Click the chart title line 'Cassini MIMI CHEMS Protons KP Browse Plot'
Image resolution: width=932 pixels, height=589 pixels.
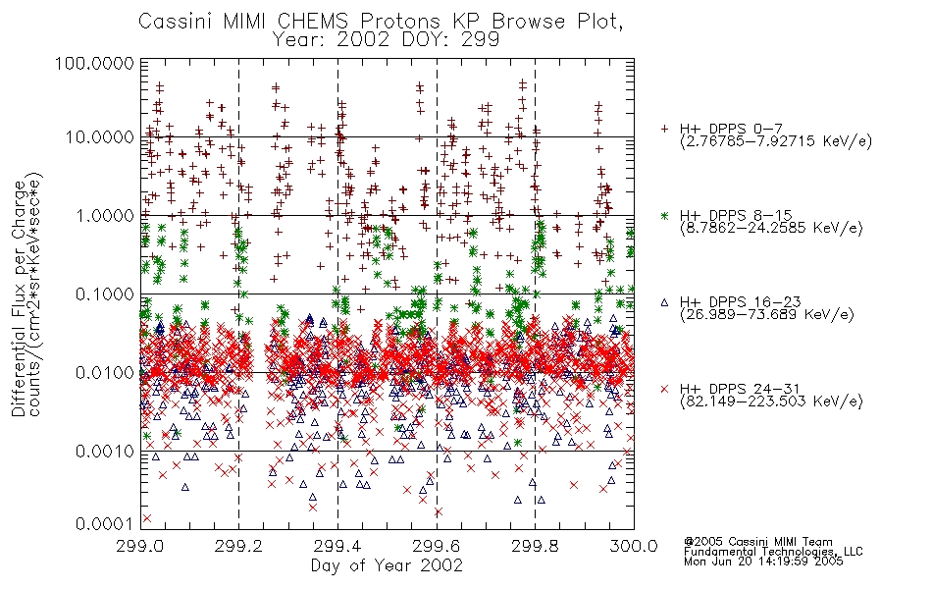pos(381,21)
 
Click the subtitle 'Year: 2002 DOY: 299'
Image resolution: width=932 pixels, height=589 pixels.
pos(386,40)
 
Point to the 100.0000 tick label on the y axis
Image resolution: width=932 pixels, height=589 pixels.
pos(94,63)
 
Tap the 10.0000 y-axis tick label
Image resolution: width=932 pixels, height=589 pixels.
pos(99,137)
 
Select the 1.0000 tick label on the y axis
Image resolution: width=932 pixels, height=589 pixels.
pos(105,215)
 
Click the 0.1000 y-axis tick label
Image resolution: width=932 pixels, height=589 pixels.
pos(105,294)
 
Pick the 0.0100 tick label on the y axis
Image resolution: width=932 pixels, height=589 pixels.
pos(105,373)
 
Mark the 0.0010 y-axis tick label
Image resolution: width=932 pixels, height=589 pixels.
pos(105,452)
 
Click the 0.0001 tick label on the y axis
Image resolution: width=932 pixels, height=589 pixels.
pos(105,524)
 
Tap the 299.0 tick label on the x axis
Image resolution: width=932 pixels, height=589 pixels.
pos(141,546)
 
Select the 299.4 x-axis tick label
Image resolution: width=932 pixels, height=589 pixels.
pos(337,546)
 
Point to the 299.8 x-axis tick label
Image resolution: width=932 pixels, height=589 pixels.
pos(535,546)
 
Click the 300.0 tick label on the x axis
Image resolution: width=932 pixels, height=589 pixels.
pos(634,546)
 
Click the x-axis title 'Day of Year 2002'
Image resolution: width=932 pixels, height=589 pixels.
pos(387,565)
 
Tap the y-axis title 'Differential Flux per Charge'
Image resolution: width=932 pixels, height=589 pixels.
pos(20,298)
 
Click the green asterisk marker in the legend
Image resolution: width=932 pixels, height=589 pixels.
pos(664,215)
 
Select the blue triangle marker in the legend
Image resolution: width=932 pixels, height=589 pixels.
pos(664,302)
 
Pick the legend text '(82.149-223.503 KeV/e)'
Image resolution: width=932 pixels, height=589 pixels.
pos(771,401)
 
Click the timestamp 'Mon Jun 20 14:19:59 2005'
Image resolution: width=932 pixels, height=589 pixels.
pos(763,562)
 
